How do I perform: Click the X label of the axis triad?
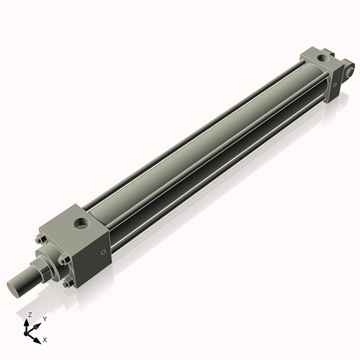coord(45,338)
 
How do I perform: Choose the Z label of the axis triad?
coord(28,315)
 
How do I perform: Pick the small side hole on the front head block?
coord(104,252)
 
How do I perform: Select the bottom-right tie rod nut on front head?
coord(67,284)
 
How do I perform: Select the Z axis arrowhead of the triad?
coord(28,321)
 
